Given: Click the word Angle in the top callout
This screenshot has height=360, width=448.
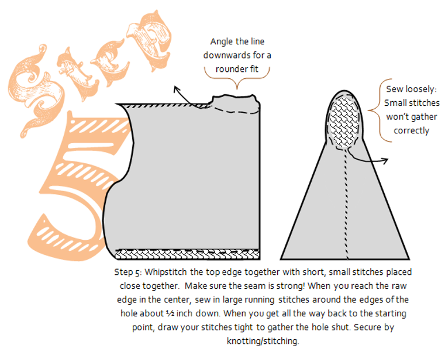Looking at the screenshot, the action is click(221, 42).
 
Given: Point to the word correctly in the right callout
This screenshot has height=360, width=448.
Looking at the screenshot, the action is click(411, 131).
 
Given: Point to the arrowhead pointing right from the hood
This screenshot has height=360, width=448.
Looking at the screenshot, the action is click(385, 161).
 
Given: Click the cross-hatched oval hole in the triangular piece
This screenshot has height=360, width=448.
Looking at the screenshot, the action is click(344, 122).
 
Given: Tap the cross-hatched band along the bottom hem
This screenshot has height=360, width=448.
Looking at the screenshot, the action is click(187, 254).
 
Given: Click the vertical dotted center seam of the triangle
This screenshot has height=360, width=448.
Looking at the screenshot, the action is click(346, 204).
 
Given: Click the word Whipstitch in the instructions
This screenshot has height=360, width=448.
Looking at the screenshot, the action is click(166, 272).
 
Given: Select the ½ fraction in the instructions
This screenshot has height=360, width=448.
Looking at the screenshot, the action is click(170, 313).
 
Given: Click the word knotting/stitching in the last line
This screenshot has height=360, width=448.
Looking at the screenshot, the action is click(263, 341).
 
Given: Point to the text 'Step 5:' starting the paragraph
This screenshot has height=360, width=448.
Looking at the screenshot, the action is click(128, 272).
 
